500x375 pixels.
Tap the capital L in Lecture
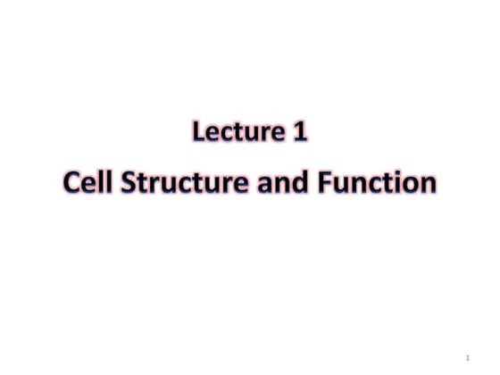199,134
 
